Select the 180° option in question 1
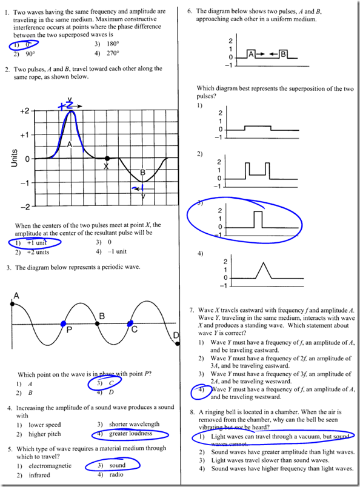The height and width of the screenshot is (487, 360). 113,44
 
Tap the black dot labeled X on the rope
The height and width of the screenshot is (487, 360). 107,159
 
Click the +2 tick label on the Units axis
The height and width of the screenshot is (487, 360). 25,112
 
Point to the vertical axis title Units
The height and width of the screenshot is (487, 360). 14,159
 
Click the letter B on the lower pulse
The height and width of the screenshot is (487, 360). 143,173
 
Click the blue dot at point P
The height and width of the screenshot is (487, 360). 63,324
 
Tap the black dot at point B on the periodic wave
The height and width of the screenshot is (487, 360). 97,324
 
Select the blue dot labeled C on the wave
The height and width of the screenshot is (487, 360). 130,324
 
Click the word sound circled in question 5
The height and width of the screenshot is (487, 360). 118,466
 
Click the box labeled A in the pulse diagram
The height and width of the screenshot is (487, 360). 251,55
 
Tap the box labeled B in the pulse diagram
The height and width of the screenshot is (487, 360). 282,55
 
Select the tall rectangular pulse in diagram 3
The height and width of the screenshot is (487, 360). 258,219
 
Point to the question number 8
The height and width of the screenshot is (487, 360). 190,412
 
